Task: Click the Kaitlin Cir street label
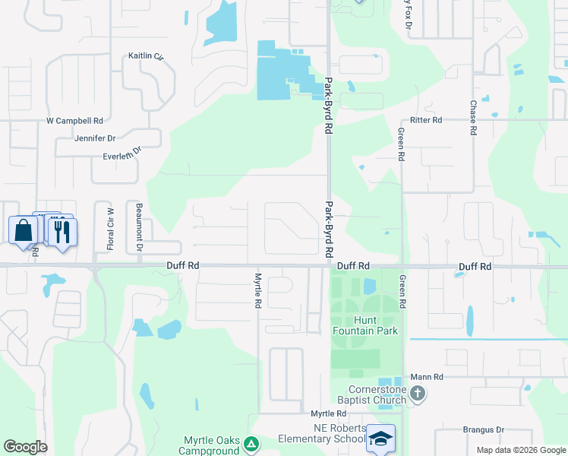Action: tap(146, 56)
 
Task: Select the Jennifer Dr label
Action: tap(95, 138)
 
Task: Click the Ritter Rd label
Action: tap(425, 120)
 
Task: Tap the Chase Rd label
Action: tap(472, 118)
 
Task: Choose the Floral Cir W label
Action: tap(110, 229)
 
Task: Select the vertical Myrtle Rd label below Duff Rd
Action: tap(258, 290)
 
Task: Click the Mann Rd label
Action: tap(427, 376)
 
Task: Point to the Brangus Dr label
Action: tap(484, 429)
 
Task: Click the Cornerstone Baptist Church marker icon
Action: tap(417, 394)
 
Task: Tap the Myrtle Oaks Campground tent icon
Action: tap(253, 443)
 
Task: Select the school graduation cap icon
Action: tap(380, 439)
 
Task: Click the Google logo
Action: tap(25, 447)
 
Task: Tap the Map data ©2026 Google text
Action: tap(520, 450)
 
